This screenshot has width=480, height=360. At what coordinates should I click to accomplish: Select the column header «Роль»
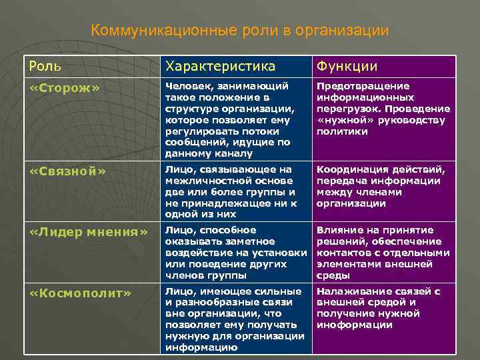click(x=44, y=65)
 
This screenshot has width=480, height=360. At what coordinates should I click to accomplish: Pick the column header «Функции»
click(x=347, y=65)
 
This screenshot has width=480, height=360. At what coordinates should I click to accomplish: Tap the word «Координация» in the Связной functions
click(x=351, y=169)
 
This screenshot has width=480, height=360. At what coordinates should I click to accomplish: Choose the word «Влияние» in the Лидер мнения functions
click(x=337, y=230)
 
